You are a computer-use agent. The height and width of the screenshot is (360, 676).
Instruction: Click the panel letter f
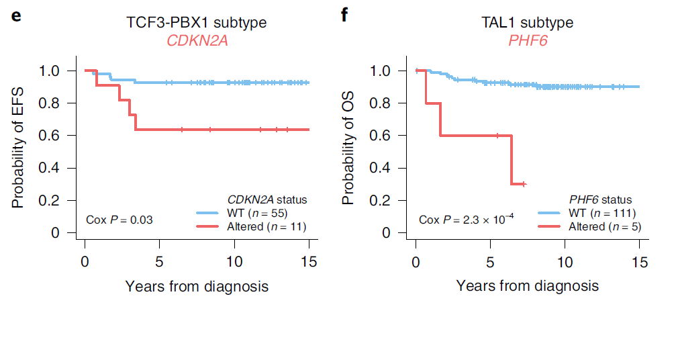point(344,15)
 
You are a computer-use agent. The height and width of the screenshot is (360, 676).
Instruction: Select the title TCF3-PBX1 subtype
point(197,23)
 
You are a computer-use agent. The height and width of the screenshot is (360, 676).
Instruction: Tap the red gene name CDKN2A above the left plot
point(197,41)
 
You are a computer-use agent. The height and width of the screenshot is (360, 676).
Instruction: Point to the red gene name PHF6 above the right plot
point(527,41)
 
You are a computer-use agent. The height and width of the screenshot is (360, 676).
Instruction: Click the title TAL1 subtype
point(527,23)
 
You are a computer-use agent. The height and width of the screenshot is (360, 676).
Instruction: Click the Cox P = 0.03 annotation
point(120,220)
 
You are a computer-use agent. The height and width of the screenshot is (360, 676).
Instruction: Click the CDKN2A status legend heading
point(267,199)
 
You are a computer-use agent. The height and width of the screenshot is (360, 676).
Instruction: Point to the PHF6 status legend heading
point(600,199)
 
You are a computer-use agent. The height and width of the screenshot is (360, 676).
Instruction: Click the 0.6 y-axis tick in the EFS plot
point(48,136)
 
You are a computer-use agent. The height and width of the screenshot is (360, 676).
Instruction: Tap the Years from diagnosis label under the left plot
point(197,286)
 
